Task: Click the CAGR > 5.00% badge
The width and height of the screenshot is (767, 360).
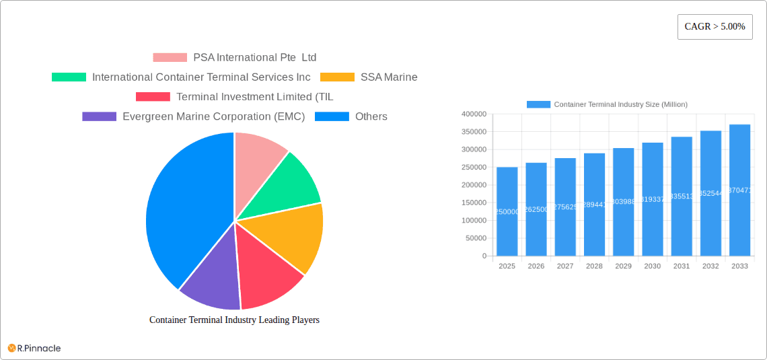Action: point(715,27)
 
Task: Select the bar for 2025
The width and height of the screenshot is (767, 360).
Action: point(507,211)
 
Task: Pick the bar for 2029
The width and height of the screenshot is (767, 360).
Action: point(623,202)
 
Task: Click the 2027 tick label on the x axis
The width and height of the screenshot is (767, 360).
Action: point(565,266)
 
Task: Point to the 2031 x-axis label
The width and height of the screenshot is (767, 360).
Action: point(682,266)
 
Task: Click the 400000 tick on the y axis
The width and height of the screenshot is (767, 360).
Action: point(474,114)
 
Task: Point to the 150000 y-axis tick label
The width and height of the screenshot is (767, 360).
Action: point(474,203)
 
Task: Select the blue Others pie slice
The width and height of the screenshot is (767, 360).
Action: point(182,209)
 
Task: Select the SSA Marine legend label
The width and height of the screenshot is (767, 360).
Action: point(389,77)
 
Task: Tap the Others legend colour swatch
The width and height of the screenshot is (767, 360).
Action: point(332,116)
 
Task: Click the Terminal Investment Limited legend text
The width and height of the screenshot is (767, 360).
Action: point(254,97)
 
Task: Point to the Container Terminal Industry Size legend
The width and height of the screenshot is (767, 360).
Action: point(606,104)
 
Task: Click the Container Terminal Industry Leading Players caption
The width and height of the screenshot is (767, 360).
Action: point(234,320)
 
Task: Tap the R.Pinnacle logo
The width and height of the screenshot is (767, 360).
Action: point(34,348)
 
